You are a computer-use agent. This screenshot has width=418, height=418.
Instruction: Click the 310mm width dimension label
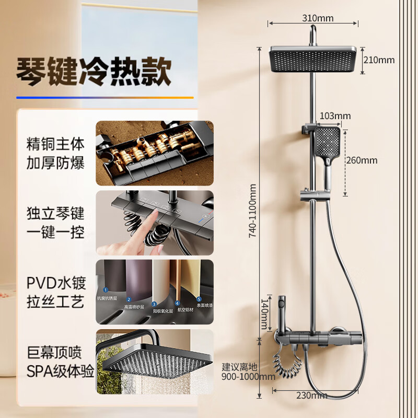point(317,18)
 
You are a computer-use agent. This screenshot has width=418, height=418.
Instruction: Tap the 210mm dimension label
point(379,60)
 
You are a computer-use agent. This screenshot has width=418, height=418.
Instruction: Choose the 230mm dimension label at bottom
point(312,396)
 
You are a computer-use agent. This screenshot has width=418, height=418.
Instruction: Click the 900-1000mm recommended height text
point(248,376)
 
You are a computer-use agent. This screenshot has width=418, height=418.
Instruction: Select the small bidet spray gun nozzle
point(283,303)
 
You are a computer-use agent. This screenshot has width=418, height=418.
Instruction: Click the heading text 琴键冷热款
point(94,71)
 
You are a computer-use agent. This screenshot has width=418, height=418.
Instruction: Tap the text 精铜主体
point(55,143)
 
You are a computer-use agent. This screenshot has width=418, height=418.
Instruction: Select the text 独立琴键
point(55,213)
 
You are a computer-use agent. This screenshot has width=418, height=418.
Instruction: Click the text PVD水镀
point(55,284)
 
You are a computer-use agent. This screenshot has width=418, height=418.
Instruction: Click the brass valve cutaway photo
point(155,153)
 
